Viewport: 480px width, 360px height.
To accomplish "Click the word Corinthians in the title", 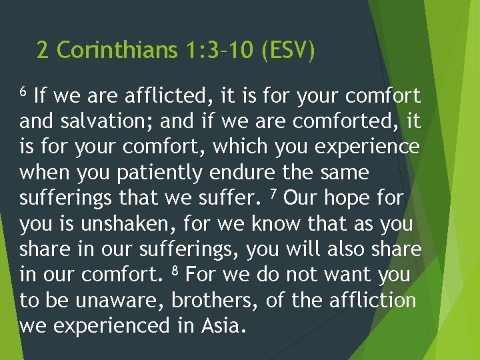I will (x=118, y=51).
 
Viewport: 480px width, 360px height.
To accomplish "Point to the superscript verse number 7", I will (x=271, y=193).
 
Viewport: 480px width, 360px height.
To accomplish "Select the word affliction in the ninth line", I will (x=373, y=300).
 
